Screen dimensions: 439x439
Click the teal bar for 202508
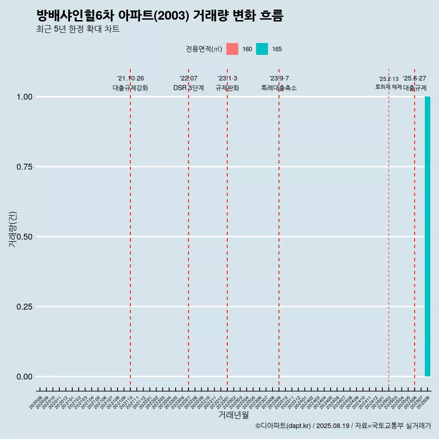428,236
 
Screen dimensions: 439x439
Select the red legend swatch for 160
232,49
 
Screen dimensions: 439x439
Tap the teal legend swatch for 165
262,49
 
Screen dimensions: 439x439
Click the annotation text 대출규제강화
130,88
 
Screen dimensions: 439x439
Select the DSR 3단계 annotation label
188,88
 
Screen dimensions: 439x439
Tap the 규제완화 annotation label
227,88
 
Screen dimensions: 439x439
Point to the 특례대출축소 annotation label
279,88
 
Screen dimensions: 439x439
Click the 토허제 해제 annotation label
389,86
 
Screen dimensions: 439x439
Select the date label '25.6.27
414,78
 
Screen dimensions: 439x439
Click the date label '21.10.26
130,78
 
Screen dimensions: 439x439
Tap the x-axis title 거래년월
233,415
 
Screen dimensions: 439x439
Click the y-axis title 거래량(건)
12,229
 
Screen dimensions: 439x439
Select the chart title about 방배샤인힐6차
160,16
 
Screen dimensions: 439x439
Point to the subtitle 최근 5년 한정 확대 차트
78,29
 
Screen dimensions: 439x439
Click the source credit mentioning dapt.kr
343,426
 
